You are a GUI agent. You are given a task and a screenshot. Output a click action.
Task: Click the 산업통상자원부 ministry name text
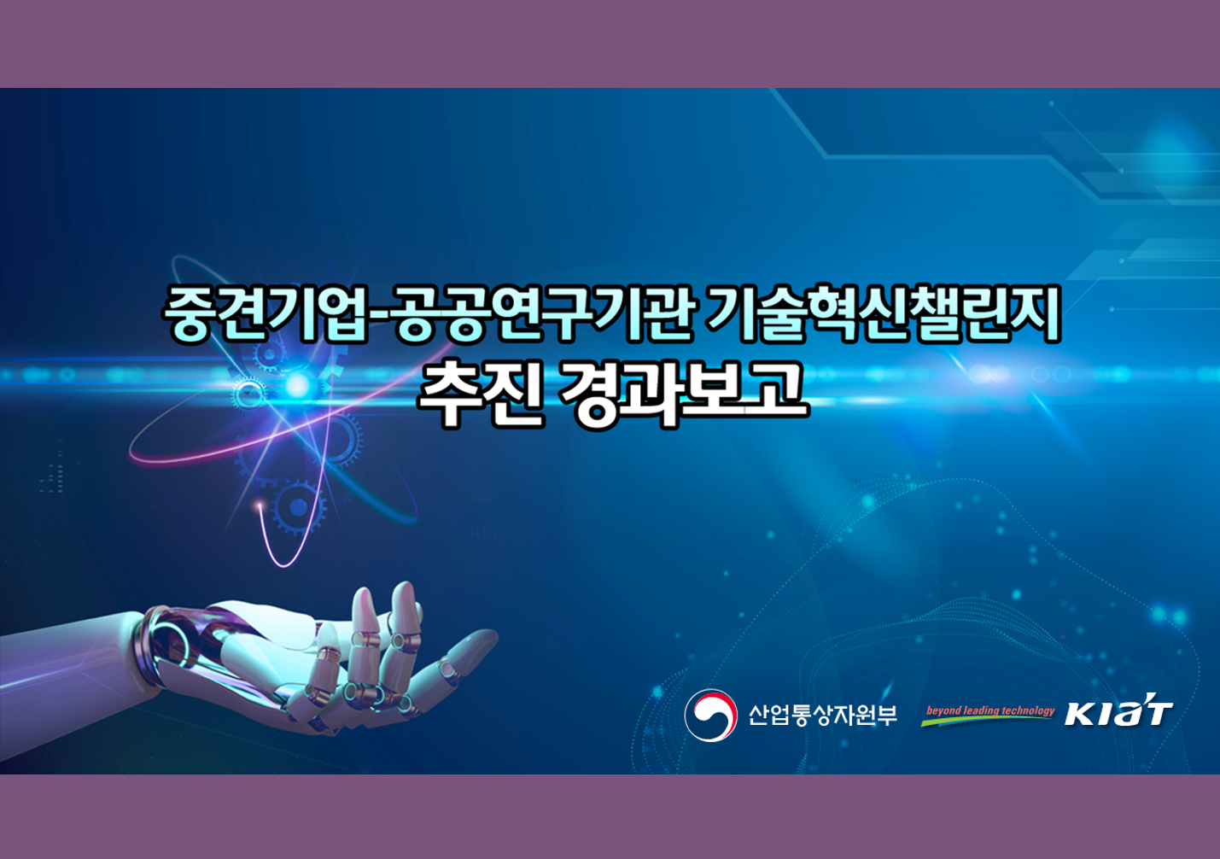click(822, 715)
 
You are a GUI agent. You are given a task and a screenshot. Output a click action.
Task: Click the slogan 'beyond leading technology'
click(990, 710)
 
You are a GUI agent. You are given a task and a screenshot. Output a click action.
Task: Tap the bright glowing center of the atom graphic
click(297, 385)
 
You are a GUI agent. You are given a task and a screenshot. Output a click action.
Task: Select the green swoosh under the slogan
click(987, 720)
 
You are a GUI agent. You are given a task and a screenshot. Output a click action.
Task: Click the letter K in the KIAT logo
click(1079, 714)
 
